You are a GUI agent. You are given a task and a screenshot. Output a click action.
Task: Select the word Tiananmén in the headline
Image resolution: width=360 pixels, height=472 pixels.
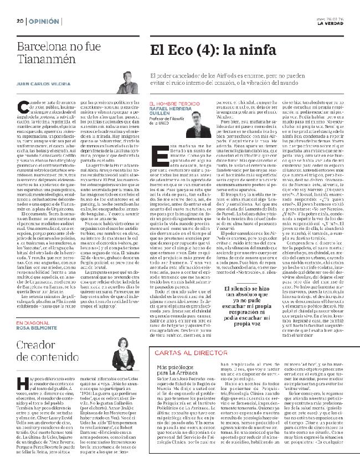(x=42, y=59)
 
